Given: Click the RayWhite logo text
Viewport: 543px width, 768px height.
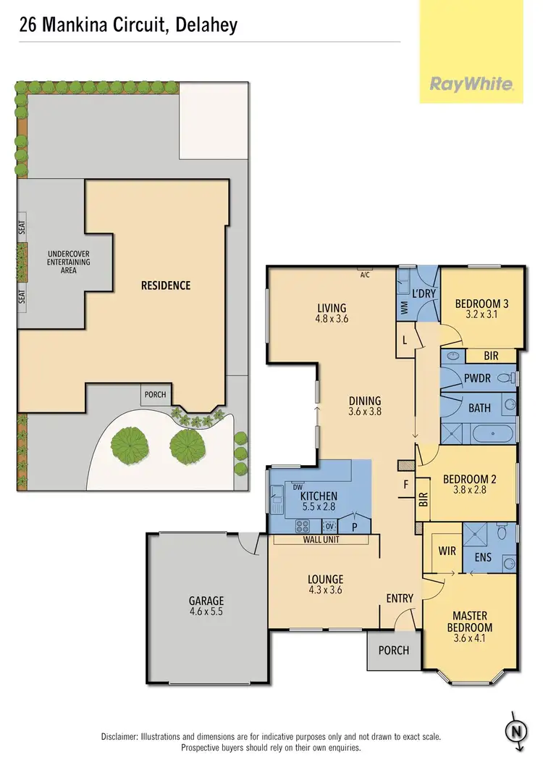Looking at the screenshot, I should click(x=471, y=84).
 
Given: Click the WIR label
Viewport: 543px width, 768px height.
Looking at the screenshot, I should click(x=447, y=551).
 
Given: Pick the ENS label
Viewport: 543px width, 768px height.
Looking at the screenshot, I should click(x=482, y=559).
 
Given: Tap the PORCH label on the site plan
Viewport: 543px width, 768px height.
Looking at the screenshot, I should click(x=155, y=395).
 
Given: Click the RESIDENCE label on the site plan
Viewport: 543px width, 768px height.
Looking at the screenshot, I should click(x=166, y=285).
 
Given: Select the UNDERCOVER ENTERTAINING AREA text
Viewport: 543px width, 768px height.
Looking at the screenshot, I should click(x=69, y=262).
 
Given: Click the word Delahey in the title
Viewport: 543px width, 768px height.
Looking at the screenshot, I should click(x=207, y=25).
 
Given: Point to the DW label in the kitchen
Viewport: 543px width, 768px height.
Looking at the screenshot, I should click(x=297, y=487).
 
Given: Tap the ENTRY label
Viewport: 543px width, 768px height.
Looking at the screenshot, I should click(x=399, y=598).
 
